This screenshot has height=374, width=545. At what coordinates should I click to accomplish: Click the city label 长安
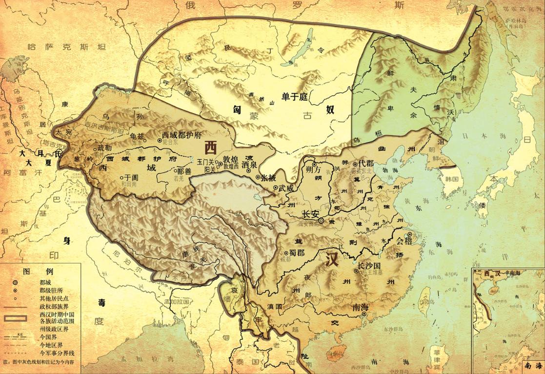point(311,214)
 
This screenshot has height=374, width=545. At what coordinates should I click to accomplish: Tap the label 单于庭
point(295,97)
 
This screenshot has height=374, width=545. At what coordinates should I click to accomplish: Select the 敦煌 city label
point(231,159)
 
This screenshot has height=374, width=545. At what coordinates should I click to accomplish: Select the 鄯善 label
point(184,171)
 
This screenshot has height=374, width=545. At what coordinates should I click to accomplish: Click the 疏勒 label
point(105,147)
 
